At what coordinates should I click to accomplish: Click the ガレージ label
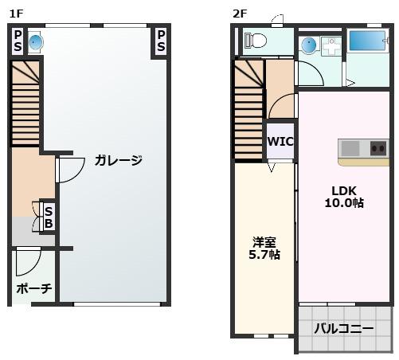tap(118, 160)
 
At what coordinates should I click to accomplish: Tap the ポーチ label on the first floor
tap(33, 288)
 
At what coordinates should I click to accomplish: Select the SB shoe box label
tap(49, 217)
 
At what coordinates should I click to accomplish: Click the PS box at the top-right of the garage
tap(161, 41)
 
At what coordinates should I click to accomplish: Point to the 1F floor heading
tap(16, 13)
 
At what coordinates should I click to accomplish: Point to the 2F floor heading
tap(240, 13)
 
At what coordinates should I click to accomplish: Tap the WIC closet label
tap(280, 142)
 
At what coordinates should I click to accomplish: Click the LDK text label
tap(344, 190)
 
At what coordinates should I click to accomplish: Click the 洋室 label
tap(264, 241)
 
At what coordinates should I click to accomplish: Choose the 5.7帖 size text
tap(263, 255)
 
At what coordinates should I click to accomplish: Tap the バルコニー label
tap(343, 328)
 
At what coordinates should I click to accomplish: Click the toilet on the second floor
tap(256, 40)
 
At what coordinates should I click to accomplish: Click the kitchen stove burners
tap(377, 147)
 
